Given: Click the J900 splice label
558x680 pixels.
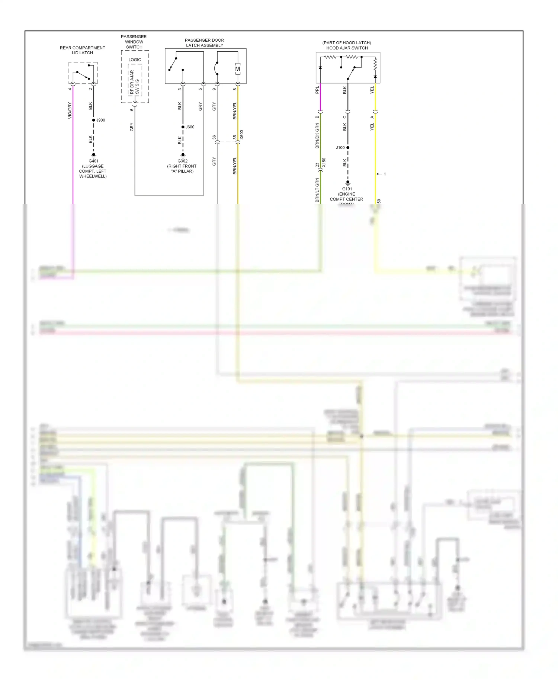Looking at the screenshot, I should tap(100, 120).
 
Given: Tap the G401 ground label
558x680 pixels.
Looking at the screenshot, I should tap(93, 161).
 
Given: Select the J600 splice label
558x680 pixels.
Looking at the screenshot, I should tap(190, 127).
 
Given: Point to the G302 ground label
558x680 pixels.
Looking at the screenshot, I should tap(182, 161).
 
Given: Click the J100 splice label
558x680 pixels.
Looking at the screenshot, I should tap(340, 148).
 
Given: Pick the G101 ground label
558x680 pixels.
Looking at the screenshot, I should tap(347, 189).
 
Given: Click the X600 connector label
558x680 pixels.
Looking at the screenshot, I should tap(242, 135).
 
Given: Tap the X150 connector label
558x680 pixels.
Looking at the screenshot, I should tap(324, 163).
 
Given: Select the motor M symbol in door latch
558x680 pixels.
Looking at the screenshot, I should tap(238, 69).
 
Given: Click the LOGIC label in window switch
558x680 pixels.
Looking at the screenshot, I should tap(135, 60).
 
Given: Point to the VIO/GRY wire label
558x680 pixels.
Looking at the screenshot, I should tap(70, 110).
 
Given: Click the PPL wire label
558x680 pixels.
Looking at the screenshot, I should tap(317, 90).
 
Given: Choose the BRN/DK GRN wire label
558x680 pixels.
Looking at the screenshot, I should tap(317, 136).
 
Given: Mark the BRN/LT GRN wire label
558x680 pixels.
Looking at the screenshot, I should tap(317, 190).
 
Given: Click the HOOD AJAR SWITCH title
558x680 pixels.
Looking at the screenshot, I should tap(347, 48).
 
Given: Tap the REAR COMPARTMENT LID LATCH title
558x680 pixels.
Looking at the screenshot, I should tap(83, 50).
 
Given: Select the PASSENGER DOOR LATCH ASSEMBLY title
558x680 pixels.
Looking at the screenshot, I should tap(205, 43).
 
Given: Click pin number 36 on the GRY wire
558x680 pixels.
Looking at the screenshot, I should tap(214, 137).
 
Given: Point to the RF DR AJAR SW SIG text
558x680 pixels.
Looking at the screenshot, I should tap(134, 82).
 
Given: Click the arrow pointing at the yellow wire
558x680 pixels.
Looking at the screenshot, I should tap(379, 174).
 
